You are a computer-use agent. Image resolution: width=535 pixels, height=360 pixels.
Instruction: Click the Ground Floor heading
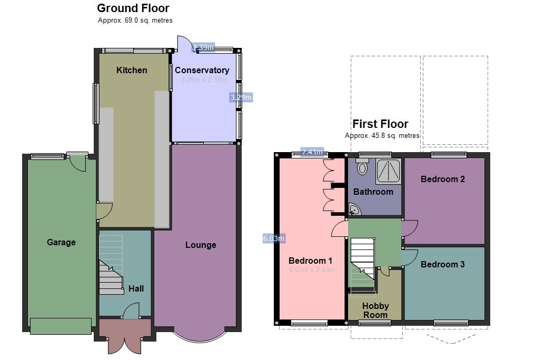[133, 8]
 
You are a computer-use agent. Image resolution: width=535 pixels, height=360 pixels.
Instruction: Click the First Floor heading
[380, 124]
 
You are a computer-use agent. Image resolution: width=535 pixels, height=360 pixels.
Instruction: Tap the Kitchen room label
[132, 70]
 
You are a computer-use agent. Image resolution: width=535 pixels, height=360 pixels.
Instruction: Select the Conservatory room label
[202, 70]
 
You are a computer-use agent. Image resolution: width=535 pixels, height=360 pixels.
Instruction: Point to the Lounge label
[201, 245]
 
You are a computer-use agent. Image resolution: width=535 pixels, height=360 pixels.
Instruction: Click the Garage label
[61, 242]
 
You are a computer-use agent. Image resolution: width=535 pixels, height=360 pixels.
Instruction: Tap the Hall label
[136, 288]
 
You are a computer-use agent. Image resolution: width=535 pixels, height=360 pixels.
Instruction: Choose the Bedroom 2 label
[442, 179]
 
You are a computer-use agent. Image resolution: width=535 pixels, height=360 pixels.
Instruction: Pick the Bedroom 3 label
[442, 264]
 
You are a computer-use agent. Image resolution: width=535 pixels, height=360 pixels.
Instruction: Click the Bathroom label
[373, 192]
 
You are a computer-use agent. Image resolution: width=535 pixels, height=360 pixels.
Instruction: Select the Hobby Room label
[375, 310]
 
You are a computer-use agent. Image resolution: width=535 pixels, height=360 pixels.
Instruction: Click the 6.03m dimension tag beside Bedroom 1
[273, 238]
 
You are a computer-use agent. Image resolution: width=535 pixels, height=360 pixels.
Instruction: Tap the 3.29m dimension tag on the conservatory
[241, 97]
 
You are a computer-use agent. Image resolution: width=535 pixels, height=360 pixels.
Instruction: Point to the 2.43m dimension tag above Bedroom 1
[312, 152]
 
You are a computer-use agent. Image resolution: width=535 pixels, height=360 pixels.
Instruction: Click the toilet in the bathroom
[362, 167]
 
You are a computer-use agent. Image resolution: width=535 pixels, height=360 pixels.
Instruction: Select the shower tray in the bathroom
[389, 170]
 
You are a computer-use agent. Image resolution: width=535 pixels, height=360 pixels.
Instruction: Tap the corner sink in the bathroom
[355, 211]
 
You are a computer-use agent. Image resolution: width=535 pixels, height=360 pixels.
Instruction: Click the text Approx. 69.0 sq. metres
[135, 20]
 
